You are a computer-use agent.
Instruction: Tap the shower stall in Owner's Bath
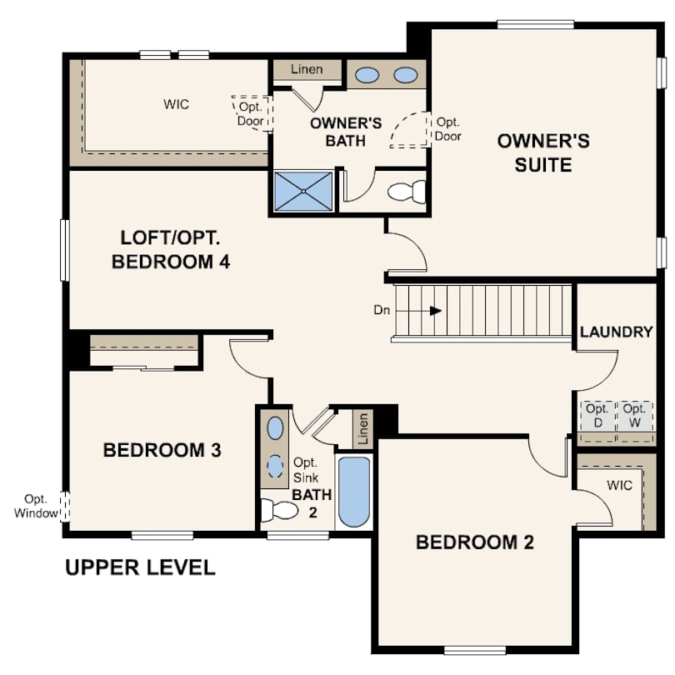[304, 191]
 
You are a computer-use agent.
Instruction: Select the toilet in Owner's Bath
[407, 192]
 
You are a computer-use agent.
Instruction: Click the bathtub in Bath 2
[354, 492]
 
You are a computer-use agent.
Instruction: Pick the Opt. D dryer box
[597, 416]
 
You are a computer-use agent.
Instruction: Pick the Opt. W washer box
[634, 416]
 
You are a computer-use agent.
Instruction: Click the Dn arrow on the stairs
[434, 311]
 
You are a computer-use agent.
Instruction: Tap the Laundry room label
[616, 332]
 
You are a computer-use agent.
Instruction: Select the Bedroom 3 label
[162, 451]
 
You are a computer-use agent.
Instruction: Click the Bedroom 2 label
[474, 542]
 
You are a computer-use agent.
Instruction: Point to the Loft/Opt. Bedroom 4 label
[170, 248]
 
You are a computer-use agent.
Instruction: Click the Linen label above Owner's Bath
[307, 69]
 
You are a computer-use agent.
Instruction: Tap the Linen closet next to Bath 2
[362, 425]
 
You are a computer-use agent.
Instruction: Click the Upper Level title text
[140, 568]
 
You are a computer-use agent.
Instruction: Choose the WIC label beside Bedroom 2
[619, 484]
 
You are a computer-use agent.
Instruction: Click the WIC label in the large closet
[176, 104]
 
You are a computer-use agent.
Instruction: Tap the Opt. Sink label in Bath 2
[306, 471]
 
